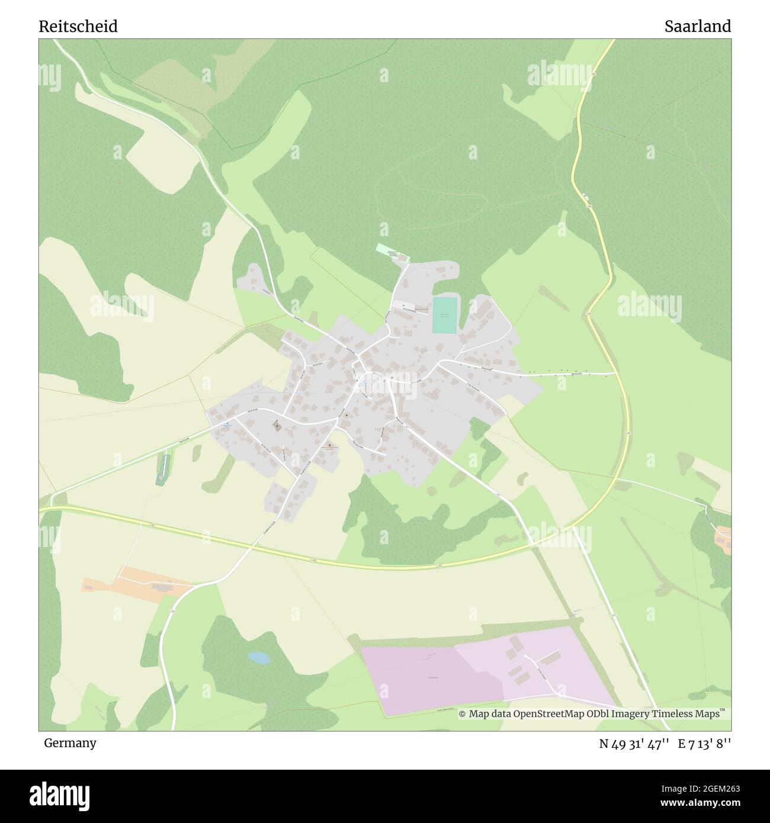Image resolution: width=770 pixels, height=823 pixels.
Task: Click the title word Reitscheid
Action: (78, 26)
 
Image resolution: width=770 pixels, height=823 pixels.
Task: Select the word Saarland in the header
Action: (697, 26)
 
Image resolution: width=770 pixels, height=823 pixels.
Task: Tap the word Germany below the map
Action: (70, 742)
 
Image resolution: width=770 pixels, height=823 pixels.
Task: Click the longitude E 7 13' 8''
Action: (705, 743)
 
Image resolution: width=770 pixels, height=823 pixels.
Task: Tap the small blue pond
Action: (258, 657)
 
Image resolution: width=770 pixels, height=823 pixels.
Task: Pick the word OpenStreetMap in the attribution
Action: (553, 714)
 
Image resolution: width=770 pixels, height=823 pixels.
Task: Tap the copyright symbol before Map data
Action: (463, 714)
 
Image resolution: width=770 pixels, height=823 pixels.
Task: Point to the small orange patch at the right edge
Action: (723, 538)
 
